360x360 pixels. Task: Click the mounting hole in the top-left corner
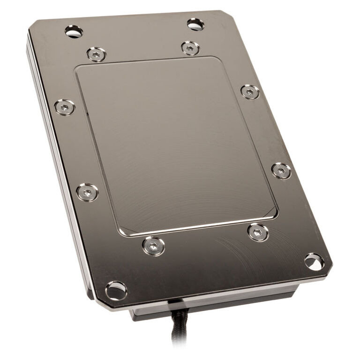74,32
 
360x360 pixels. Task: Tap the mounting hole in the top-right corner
195,24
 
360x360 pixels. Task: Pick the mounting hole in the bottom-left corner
116,291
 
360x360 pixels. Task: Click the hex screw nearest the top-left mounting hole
96,54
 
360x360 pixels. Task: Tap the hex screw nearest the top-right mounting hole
190,48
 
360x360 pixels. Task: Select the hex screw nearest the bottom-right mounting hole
258,232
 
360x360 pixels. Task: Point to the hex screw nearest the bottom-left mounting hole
153,246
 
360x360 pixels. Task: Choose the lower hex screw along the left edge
87,192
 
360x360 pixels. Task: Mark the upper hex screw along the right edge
250,91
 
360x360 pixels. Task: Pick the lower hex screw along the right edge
281,171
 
